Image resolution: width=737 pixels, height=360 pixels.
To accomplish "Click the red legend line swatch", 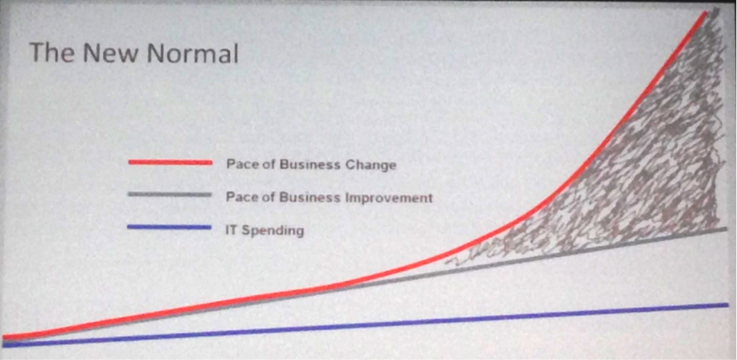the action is pyautogui.click(x=170, y=162).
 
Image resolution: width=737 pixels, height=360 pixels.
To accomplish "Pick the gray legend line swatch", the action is pyautogui.click(x=170, y=195).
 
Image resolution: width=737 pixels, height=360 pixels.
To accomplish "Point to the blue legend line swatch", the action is pyautogui.click(x=170, y=227).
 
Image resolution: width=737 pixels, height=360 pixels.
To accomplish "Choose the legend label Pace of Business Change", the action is pyautogui.click(x=311, y=165).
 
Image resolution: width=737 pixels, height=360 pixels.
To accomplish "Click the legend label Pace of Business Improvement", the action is pyautogui.click(x=329, y=197).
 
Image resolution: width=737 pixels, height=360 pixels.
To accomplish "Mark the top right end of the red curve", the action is pyautogui.click(x=706, y=12).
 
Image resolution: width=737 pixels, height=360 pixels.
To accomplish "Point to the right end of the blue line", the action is pyautogui.click(x=727, y=305).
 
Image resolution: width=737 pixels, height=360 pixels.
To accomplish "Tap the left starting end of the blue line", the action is pyautogui.click(x=4, y=345).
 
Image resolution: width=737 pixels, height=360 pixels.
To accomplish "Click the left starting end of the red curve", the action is pyautogui.click(x=4, y=337).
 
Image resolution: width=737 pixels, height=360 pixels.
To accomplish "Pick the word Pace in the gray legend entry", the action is pyautogui.click(x=240, y=197).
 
